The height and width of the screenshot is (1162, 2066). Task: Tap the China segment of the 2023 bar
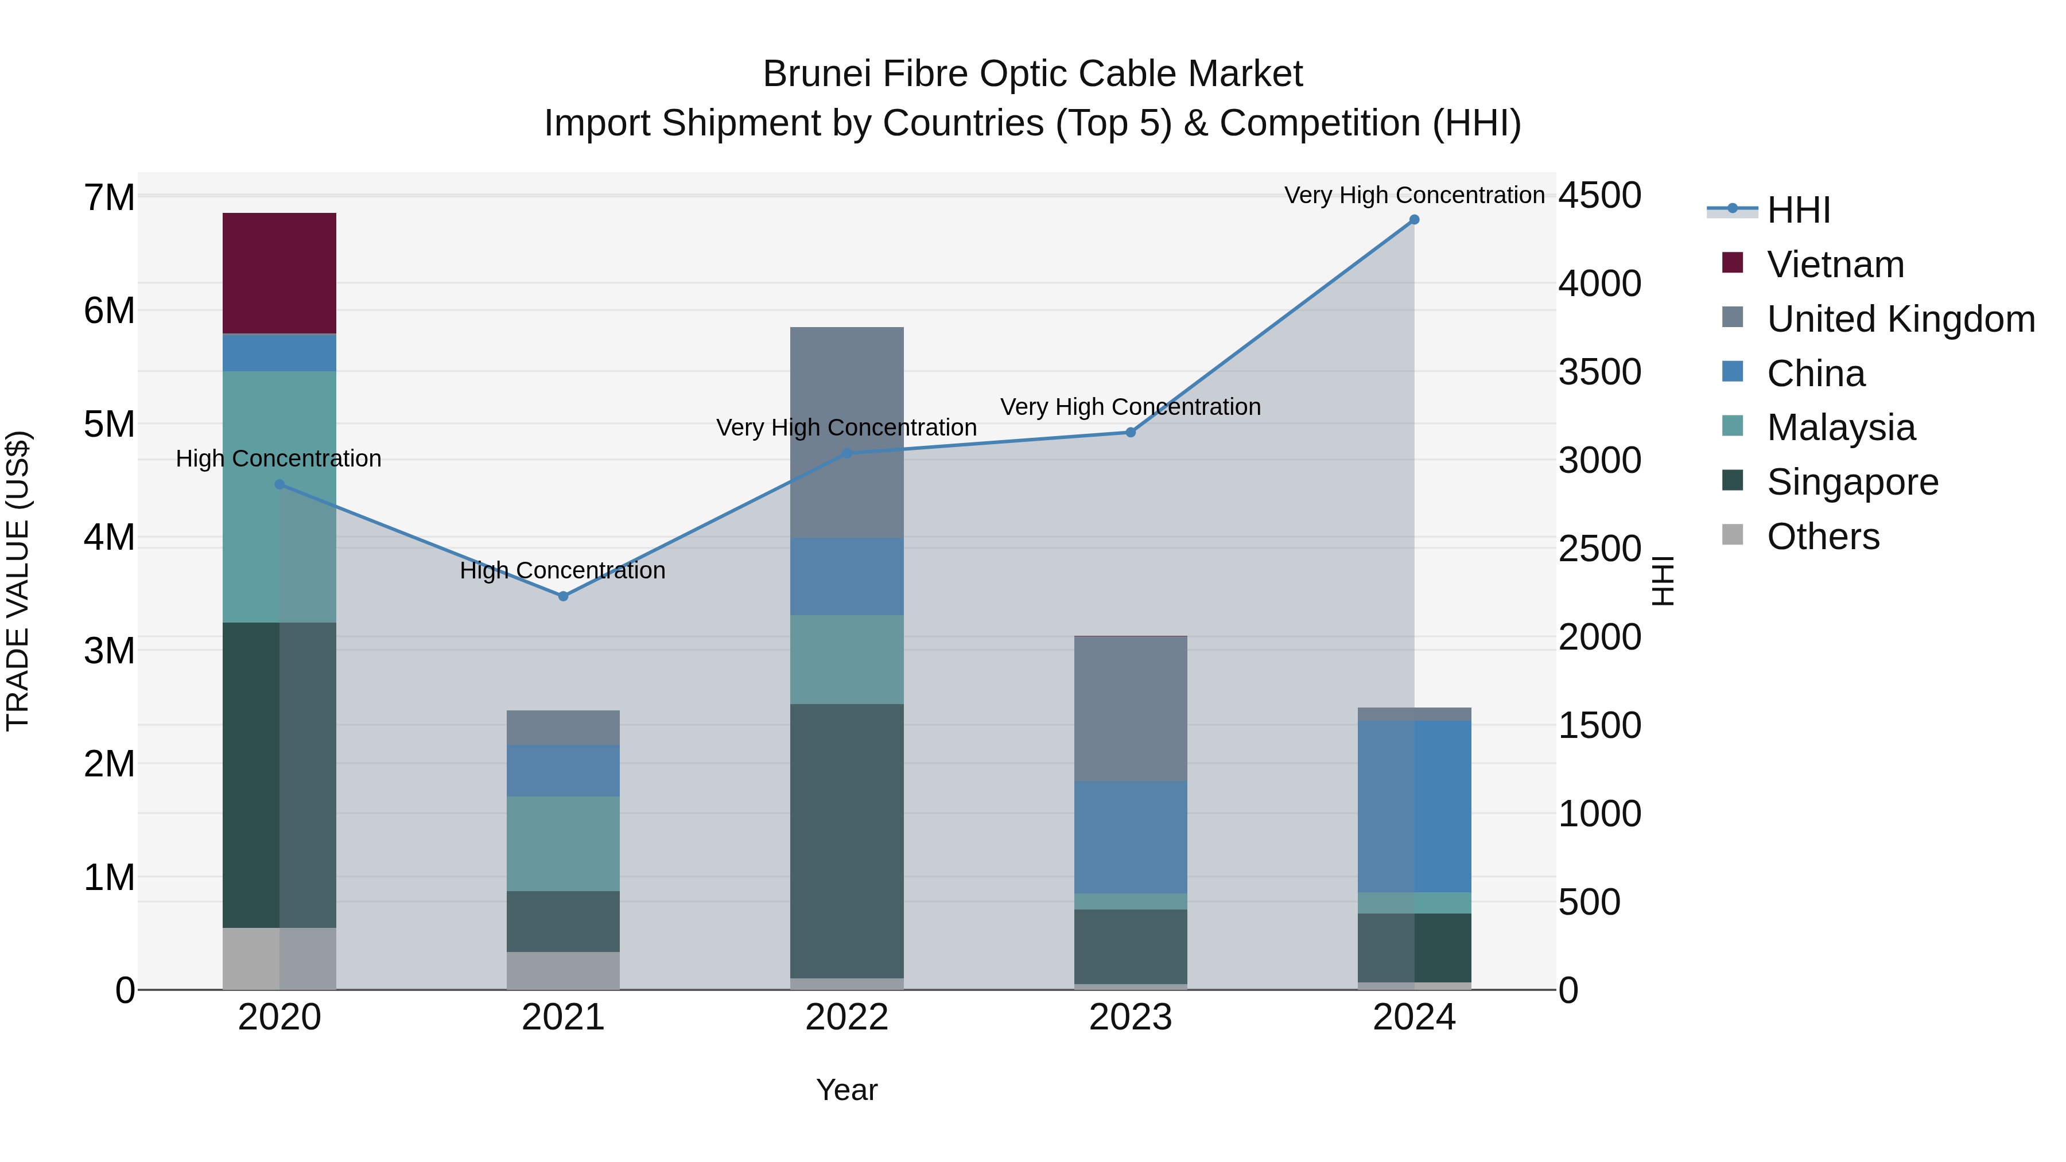click(x=1131, y=837)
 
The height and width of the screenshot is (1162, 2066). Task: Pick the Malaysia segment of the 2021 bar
click(x=563, y=843)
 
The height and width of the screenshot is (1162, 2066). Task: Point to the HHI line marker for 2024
click(x=1414, y=220)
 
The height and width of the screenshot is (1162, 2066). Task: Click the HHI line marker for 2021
click(x=563, y=596)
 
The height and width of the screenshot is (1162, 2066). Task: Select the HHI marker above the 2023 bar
click(x=1131, y=432)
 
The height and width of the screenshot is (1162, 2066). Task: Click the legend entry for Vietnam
click(x=1835, y=265)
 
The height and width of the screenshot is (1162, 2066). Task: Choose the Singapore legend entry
click(x=1852, y=482)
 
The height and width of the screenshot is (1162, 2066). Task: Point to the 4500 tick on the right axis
click(x=1599, y=196)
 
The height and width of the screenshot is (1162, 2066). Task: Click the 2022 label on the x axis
click(x=847, y=1017)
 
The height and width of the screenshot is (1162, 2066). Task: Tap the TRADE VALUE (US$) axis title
click(x=18, y=581)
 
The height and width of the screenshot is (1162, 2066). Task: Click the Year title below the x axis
click(x=847, y=1090)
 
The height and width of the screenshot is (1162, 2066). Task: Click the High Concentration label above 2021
click(x=563, y=571)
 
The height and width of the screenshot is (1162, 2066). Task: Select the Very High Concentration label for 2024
click(x=1414, y=195)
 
